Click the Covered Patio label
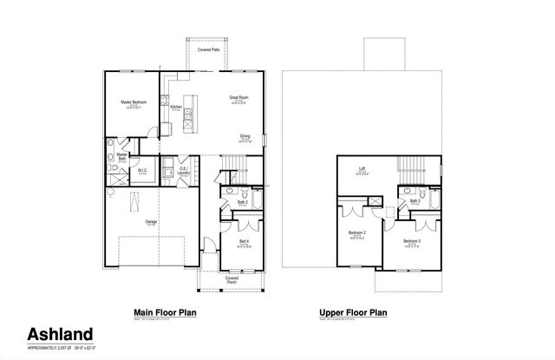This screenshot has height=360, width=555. [x=209, y=50]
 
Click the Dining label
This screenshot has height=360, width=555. [x=245, y=136]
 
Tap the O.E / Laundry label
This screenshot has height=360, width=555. [x=183, y=171]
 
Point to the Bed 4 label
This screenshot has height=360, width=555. [x=245, y=240]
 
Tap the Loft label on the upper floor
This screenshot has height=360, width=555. [x=362, y=170]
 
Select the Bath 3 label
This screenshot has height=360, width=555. [x=415, y=201]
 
